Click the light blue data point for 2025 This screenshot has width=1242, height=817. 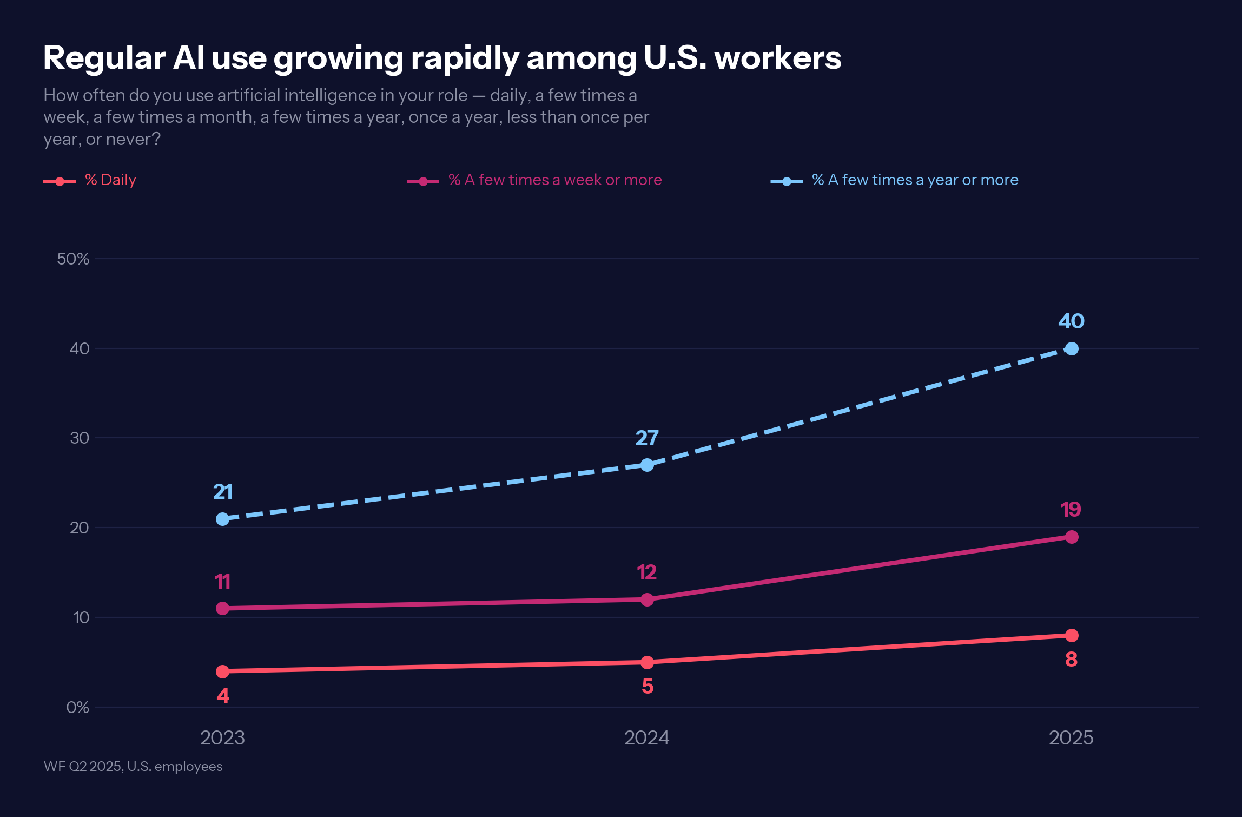tap(1071, 349)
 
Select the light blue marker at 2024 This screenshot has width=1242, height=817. tap(647, 465)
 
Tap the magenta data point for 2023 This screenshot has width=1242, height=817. tap(222, 608)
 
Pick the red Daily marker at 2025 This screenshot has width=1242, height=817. tap(1071, 635)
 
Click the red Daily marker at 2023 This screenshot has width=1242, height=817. tap(222, 671)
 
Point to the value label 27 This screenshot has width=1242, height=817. tap(647, 438)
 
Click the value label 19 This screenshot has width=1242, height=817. tap(1071, 509)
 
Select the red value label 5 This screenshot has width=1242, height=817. tap(648, 686)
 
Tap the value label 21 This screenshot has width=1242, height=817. tap(222, 491)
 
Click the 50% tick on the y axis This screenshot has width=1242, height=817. tap(73, 259)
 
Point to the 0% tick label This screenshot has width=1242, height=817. tap(77, 707)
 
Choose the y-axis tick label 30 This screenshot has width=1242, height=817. tap(79, 438)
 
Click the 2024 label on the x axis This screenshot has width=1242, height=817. tap(646, 737)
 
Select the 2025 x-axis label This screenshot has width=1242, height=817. tap(1071, 737)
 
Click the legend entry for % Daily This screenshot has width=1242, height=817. tap(110, 180)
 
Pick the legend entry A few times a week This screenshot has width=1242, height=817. tap(554, 180)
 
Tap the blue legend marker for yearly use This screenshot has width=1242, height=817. tap(787, 181)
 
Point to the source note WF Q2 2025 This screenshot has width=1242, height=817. tap(133, 766)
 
